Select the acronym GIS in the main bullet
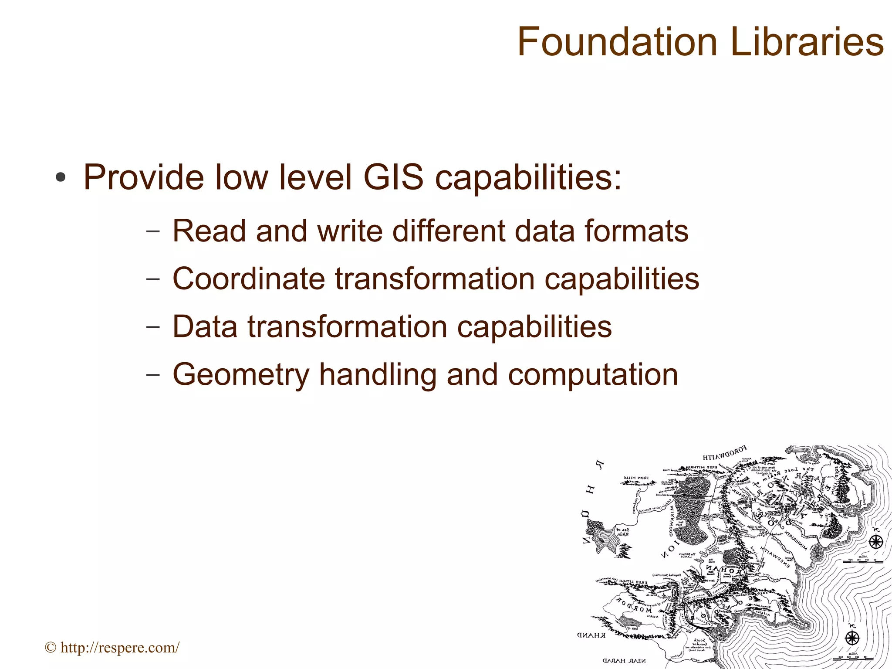[x=393, y=177]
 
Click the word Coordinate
[x=249, y=279]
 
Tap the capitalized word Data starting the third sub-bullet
[x=205, y=327]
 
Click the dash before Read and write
[x=153, y=231]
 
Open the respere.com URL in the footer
[x=119, y=648]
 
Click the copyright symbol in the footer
[x=51, y=648]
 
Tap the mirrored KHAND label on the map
[x=591, y=635]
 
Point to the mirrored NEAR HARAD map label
[x=624, y=661]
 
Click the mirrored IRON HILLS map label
[x=636, y=478]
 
